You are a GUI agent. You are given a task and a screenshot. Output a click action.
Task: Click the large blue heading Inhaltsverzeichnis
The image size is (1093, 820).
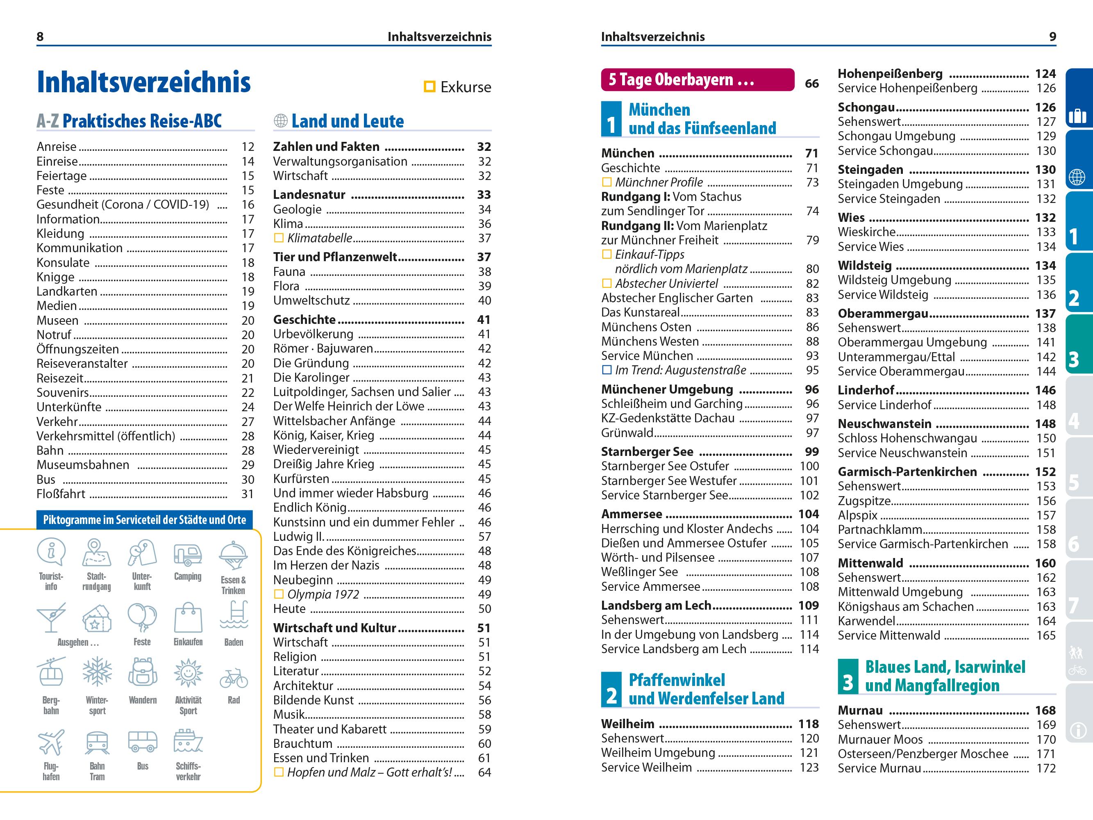coord(144,82)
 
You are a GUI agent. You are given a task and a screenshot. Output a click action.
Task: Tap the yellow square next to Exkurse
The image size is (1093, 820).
coord(429,87)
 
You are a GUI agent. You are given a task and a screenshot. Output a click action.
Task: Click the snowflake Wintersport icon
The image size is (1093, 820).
coord(97,672)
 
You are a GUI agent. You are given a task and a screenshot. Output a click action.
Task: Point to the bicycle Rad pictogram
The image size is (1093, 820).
coord(234,678)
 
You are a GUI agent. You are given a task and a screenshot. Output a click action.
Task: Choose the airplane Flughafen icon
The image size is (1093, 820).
coord(51,741)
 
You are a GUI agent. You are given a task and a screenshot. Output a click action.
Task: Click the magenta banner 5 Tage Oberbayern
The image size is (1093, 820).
coord(697,80)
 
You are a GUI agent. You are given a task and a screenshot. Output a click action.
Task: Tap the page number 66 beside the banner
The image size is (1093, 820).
coord(811,84)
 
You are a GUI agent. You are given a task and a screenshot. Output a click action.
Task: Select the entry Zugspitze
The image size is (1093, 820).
coord(864,501)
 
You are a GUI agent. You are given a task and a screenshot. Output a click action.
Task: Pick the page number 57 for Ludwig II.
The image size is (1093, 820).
coord(484,536)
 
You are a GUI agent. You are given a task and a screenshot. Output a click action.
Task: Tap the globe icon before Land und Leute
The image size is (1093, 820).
coord(281,121)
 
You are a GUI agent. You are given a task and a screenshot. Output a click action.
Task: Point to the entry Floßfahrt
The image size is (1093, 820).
coord(61,494)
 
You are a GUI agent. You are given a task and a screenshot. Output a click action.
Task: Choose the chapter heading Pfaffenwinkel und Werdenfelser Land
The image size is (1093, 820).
coord(706,689)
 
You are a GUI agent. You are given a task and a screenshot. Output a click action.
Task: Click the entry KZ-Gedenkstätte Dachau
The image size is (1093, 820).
coord(668,418)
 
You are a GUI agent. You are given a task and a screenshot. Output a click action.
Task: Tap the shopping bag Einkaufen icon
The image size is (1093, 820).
coord(188,617)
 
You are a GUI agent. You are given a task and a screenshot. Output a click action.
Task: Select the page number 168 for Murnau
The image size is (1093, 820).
coord(1045,710)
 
